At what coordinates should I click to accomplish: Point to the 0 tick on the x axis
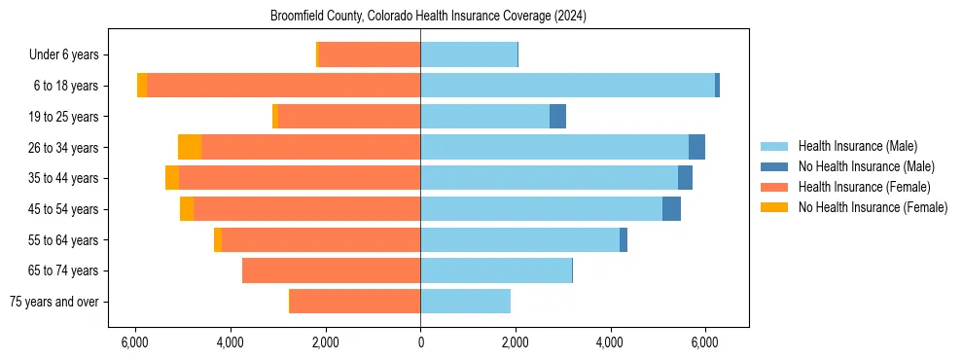(420, 342)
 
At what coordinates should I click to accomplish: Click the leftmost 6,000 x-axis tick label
(135, 342)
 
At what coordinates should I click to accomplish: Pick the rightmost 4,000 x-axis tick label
(610, 342)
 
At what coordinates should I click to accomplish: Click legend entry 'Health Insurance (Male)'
(857, 146)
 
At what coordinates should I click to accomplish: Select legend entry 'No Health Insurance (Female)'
(873, 207)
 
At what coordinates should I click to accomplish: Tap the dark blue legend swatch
(774, 166)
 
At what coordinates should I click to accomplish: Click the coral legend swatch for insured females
(774, 187)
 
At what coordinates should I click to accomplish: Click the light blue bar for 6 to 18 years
(567, 86)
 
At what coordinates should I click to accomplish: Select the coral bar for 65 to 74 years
(331, 270)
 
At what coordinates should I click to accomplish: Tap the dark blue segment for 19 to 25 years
(557, 117)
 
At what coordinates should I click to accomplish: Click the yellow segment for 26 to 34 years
(190, 147)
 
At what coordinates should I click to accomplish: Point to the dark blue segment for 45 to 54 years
(671, 209)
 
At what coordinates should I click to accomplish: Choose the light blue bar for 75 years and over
(465, 302)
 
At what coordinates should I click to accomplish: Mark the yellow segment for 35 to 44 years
(172, 178)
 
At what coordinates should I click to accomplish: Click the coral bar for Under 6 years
(369, 54)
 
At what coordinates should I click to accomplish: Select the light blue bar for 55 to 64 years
(519, 239)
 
